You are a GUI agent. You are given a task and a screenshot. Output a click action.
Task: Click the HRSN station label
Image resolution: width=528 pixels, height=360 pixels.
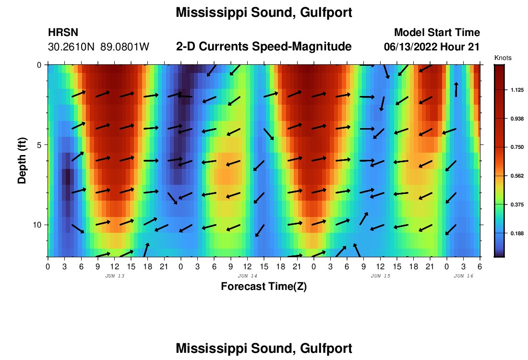pos(63,33)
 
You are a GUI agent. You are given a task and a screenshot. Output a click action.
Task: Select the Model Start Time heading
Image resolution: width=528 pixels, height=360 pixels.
pos(437,33)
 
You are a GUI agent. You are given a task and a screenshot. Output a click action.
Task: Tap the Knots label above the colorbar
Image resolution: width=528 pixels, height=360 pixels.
pos(503,58)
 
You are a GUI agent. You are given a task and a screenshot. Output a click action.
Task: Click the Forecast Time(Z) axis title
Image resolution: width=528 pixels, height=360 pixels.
pos(264,287)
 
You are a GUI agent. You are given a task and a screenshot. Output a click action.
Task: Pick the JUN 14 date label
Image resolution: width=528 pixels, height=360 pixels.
pos(248,276)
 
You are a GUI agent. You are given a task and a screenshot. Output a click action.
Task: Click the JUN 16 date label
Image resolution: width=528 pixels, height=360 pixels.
pos(464,276)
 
